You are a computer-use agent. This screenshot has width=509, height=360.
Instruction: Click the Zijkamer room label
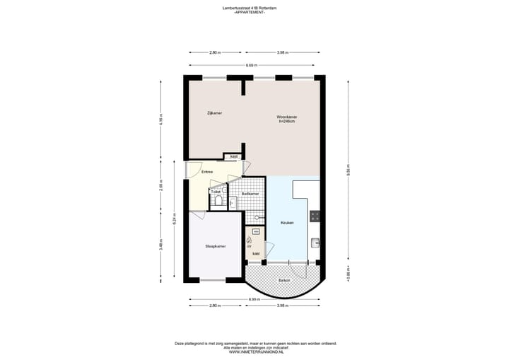[x=205, y=112]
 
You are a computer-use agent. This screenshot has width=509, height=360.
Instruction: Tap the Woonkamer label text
[x=286, y=117]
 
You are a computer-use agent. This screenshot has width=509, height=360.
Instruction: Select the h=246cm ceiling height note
[x=286, y=122]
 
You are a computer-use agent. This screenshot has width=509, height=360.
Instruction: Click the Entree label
[x=207, y=172]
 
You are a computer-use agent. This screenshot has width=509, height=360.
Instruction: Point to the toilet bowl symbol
[x=218, y=202]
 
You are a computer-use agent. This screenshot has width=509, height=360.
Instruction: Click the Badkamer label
[x=250, y=193]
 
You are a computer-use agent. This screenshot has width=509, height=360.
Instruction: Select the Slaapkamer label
[x=215, y=246]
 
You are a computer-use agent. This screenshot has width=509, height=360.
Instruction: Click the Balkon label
[x=284, y=280]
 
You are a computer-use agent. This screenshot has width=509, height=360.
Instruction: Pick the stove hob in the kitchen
[x=315, y=216]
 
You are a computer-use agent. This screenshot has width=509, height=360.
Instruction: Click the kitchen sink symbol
[x=315, y=243]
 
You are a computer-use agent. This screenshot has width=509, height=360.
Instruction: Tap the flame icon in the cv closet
[x=249, y=240]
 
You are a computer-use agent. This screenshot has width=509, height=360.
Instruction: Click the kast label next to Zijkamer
[x=234, y=156]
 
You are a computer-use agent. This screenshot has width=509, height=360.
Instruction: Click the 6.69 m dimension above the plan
[x=251, y=66]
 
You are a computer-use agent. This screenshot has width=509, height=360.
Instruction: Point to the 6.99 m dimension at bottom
[x=252, y=299]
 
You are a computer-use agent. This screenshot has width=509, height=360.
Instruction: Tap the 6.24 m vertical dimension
[x=174, y=220]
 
